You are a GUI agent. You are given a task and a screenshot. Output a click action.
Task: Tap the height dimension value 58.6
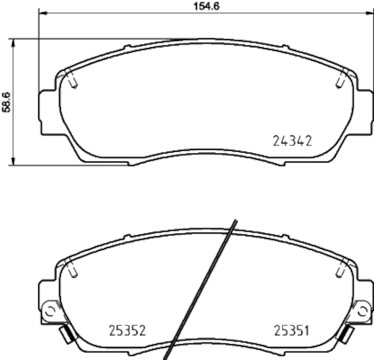click(6, 102)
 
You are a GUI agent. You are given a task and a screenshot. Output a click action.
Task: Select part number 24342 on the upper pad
click(292, 141)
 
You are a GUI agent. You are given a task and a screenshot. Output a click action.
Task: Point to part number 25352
click(128, 331)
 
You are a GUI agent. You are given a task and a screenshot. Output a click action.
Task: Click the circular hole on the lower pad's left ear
click(49, 311)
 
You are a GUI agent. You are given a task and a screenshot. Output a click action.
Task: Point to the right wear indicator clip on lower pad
click(346, 333)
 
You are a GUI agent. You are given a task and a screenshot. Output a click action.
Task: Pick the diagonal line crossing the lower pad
click(201, 289)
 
